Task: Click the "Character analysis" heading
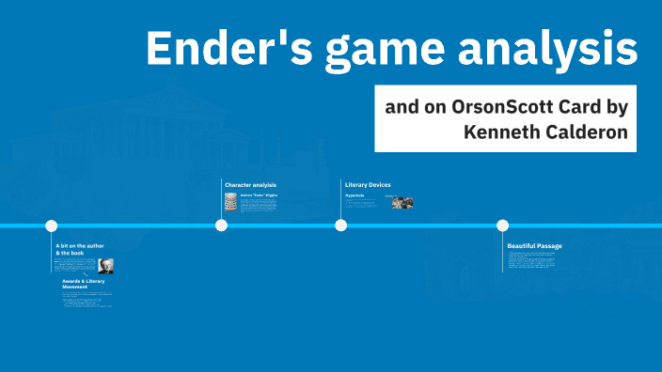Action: pos(250,184)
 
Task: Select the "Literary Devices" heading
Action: pos(368,184)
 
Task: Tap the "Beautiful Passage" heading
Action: pos(534,245)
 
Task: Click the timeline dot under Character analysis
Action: pos(221,225)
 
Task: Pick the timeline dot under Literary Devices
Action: pos(340,225)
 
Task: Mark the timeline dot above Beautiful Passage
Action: pos(502,225)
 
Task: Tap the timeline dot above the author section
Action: pos(52,225)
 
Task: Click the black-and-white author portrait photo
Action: pos(105,266)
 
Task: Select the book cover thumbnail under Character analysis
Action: pos(230,202)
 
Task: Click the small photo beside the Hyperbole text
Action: pos(402,201)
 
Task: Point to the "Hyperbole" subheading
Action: pos(355,195)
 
